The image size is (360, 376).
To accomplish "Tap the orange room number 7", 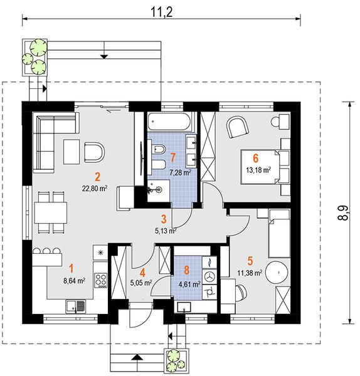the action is click(x=173, y=159).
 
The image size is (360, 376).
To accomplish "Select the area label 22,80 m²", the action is click(x=95, y=188).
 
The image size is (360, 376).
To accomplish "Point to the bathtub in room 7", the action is click(x=169, y=122).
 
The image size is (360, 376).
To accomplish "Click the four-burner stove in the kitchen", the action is click(x=101, y=280).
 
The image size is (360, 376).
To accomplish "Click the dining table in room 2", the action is click(x=50, y=212).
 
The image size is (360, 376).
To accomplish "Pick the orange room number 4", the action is click(x=142, y=273).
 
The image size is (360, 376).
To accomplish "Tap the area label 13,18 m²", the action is click(x=258, y=170).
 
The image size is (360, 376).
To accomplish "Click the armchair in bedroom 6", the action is click(x=237, y=127).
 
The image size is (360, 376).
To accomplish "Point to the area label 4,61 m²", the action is click(x=189, y=285).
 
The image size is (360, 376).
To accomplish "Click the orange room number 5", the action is click(x=250, y=261).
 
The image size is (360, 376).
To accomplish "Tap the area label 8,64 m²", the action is click(x=74, y=281).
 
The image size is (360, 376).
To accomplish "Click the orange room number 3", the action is click(x=164, y=219).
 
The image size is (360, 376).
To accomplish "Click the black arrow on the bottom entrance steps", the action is click(x=137, y=357).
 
